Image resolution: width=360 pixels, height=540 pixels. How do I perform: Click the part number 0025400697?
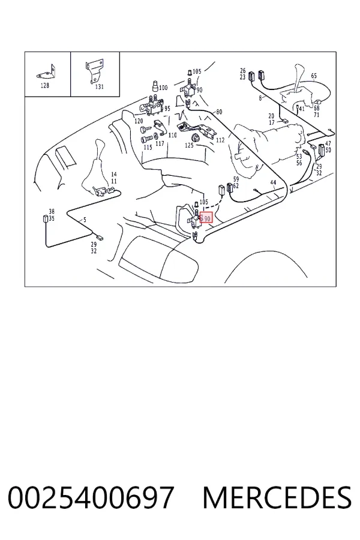[90, 497]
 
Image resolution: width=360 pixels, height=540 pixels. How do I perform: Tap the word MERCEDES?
[277, 497]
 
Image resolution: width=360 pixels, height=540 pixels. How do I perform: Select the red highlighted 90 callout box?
[206, 218]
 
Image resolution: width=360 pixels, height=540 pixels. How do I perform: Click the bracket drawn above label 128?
[47, 73]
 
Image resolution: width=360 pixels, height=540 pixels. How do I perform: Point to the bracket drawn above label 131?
[94, 71]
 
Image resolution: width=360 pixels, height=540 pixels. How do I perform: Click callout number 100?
[163, 88]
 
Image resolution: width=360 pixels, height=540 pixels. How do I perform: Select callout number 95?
[167, 109]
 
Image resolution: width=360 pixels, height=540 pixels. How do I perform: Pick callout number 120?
[139, 121]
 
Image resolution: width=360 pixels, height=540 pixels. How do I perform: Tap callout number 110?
[172, 135]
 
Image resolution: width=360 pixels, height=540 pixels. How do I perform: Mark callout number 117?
[160, 143]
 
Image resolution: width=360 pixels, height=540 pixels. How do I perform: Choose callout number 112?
[220, 140]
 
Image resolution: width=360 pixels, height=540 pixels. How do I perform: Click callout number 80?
[219, 112]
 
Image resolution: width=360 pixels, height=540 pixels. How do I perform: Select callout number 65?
[314, 76]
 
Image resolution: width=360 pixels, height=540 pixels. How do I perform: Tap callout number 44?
[273, 182]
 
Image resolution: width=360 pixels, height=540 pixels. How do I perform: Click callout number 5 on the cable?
[85, 220]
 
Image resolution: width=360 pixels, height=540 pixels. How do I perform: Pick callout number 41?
[301, 109]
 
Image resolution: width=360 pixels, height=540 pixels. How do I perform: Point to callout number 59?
[236, 179]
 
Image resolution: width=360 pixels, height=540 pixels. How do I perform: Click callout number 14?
[114, 175]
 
